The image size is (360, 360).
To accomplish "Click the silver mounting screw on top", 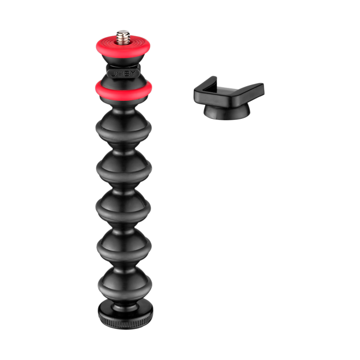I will [123, 36].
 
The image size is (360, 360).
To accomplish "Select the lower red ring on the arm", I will [123, 91].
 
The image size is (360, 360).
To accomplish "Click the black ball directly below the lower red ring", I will [123, 124].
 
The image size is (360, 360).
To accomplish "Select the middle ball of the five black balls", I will [123, 206].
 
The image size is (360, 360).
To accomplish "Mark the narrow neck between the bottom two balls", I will [123, 263].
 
